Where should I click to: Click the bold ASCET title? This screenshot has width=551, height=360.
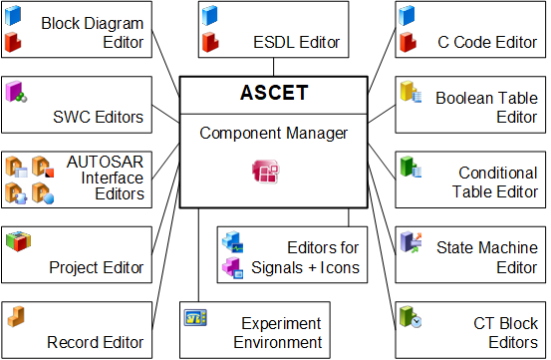[274, 93]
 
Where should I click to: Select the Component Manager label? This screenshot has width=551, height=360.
[273, 134]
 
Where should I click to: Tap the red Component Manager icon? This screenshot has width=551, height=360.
[266, 172]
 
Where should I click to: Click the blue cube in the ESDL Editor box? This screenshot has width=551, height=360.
[210, 16]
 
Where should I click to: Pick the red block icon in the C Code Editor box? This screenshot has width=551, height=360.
[408, 42]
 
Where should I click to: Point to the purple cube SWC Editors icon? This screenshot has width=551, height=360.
[16, 92]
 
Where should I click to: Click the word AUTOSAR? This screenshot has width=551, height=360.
[105, 163]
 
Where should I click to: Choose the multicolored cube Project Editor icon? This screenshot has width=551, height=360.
[18, 241]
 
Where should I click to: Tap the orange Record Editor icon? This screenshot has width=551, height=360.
[16, 316]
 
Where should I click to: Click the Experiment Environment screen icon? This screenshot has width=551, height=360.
[195, 318]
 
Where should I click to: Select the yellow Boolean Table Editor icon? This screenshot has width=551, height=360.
[411, 92]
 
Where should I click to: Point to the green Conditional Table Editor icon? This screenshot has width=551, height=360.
[411, 167]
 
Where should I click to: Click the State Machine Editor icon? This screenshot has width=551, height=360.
[411, 242]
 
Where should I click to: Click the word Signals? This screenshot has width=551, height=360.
[277, 268]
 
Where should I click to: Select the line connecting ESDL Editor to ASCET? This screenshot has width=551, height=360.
[273, 67]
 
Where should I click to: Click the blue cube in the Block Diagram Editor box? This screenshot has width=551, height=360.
[13, 16]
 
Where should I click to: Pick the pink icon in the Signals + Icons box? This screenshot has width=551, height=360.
[232, 268]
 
